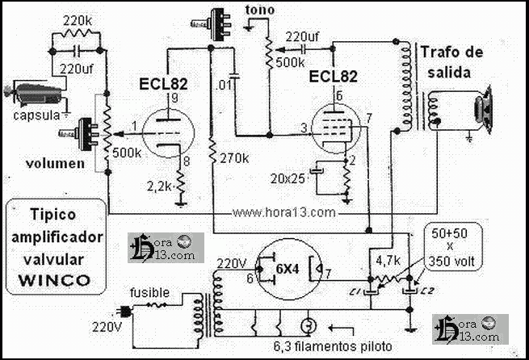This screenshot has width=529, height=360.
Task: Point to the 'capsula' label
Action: coord(36,115)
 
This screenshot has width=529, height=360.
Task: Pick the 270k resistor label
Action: coord(233,158)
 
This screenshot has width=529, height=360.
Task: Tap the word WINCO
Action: coord(56,281)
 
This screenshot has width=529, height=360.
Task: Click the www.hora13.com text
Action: coord(283,213)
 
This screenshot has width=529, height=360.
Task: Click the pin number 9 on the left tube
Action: coord(172,98)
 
